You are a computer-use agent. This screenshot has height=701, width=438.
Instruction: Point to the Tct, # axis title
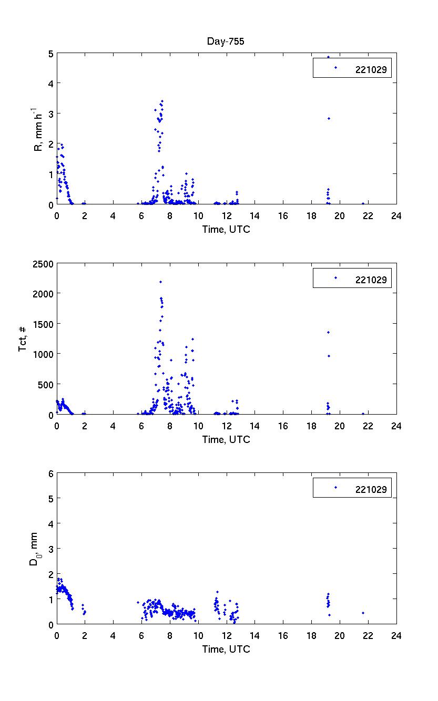pos(23,339)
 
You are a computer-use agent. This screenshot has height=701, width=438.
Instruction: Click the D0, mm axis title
pos(34,549)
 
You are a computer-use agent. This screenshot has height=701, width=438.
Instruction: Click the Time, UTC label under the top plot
pos(226,229)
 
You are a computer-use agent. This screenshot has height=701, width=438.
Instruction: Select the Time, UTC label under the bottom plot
pos(226,650)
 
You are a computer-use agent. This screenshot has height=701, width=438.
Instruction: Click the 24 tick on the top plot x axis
pos(396,215)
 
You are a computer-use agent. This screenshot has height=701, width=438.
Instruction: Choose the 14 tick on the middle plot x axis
pos(255,426)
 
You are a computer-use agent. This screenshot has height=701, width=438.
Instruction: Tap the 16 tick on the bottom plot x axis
pos(283,636)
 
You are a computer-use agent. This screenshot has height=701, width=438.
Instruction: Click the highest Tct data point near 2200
pos(160,282)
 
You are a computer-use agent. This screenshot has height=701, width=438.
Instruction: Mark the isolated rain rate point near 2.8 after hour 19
pos(329,118)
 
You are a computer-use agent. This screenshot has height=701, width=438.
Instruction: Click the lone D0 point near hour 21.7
pos(363,613)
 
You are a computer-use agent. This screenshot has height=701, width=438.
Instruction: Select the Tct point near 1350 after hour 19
pos(328,332)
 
